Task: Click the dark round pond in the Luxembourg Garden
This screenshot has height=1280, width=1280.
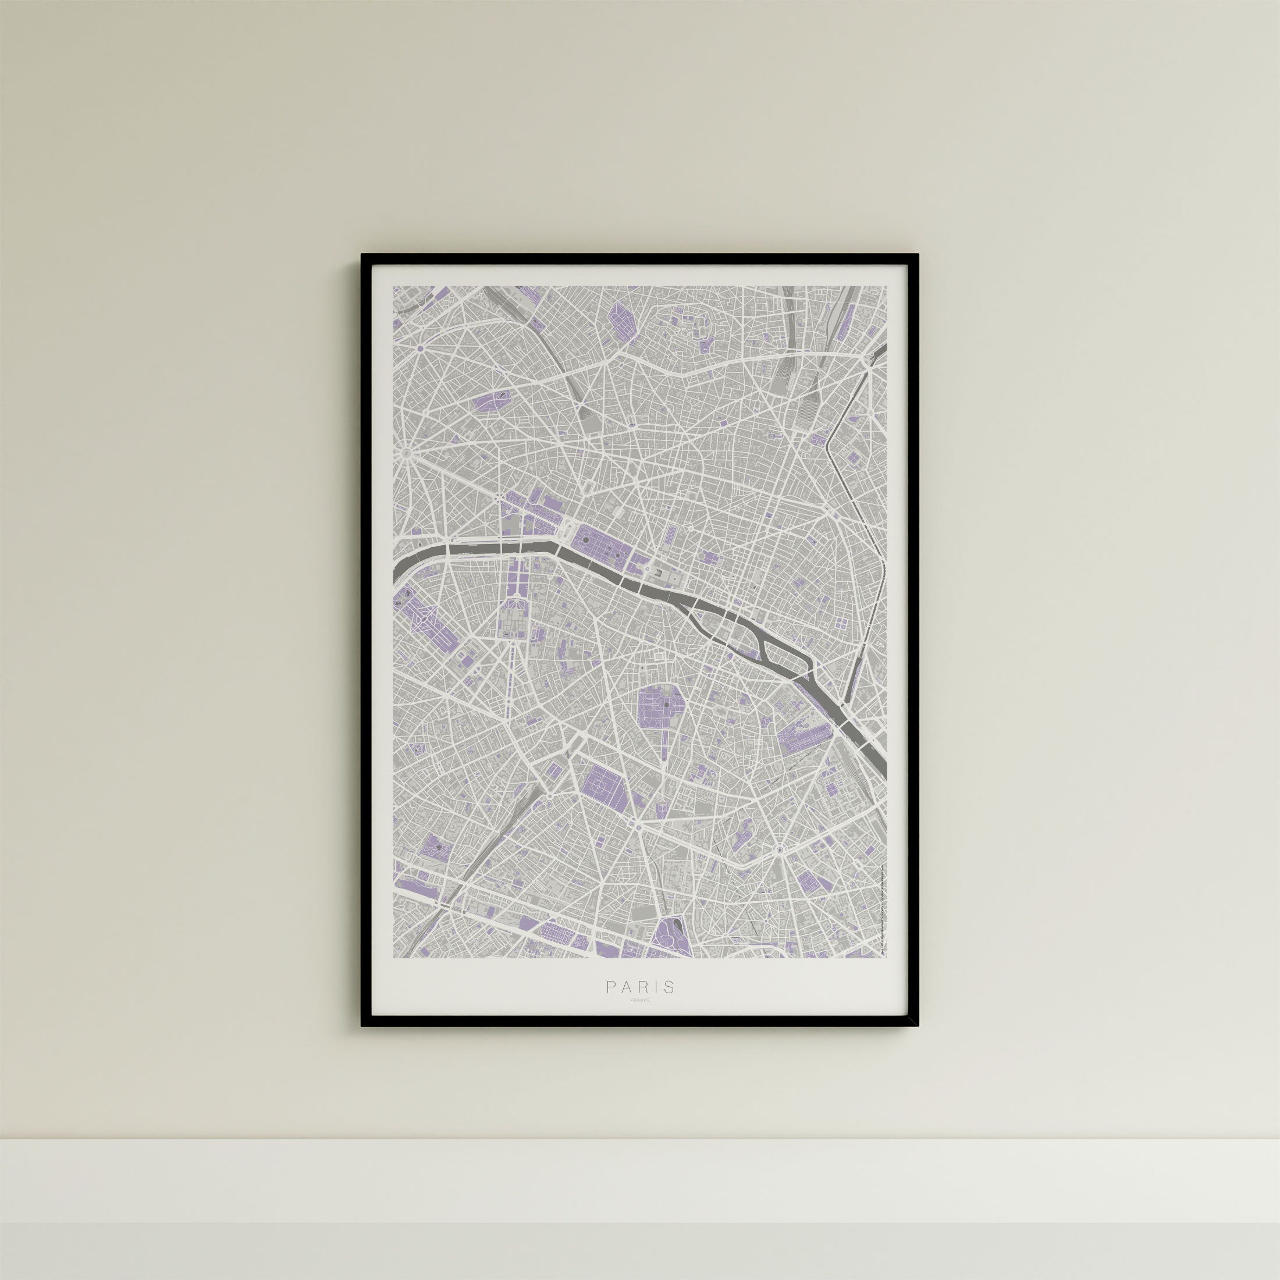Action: point(665,706)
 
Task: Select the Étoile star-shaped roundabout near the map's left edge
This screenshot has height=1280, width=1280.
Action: point(406,454)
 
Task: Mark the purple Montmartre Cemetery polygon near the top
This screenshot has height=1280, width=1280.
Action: point(621,323)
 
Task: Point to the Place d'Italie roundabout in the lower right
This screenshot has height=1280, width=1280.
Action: point(780,849)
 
